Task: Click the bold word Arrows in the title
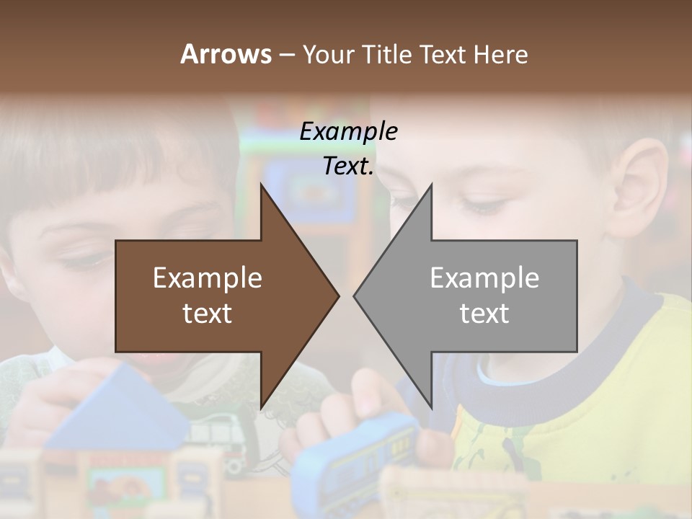(x=226, y=54)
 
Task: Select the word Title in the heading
(x=387, y=54)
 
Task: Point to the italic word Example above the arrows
(x=348, y=131)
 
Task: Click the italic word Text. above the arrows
(x=348, y=166)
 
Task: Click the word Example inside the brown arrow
(x=208, y=278)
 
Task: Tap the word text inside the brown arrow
(x=208, y=314)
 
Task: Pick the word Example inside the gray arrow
(x=484, y=278)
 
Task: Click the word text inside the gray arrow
(x=484, y=314)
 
